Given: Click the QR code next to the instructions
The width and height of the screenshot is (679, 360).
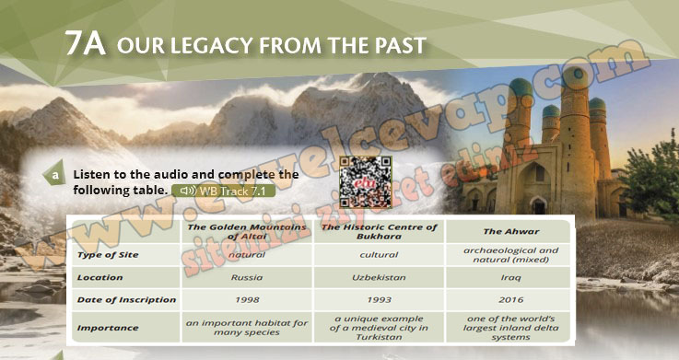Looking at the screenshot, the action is click(366, 182).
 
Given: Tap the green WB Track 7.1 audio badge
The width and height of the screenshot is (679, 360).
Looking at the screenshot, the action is click(224, 191).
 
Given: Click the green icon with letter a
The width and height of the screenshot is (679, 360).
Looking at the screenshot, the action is click(54, 173).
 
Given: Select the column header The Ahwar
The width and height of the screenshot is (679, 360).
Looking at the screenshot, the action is click(511, 231).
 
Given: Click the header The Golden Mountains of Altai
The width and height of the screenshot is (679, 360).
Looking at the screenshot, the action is click(247, 231).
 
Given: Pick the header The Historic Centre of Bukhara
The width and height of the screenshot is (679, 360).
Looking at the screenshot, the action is click(379, 231).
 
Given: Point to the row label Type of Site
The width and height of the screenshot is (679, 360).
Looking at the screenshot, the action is click(108, 255).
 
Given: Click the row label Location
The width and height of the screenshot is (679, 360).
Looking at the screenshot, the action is click(100, 277).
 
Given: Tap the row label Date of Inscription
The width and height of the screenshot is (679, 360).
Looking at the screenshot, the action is click(126, 300).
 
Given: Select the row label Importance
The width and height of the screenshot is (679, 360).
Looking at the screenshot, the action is click(108, 328).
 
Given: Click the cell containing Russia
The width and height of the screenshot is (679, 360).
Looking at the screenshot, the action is click(247, 277).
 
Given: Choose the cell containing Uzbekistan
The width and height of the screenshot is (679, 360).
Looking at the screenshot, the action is click(379, 277).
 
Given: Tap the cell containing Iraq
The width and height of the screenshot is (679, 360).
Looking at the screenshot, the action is click(511, 277).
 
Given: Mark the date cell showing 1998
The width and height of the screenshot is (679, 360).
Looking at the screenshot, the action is click(247, 300).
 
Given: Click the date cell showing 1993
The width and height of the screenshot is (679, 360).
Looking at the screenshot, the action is click(379, 300).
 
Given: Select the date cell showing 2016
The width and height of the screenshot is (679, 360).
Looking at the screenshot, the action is click(511, 300).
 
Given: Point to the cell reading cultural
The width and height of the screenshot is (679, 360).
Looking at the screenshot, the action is click(379, 255).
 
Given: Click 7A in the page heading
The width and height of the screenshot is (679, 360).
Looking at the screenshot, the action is click(86, 43).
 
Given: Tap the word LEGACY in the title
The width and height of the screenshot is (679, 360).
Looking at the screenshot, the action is click(199, 45).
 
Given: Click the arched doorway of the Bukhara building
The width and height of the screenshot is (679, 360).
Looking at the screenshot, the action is click(538, 205).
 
